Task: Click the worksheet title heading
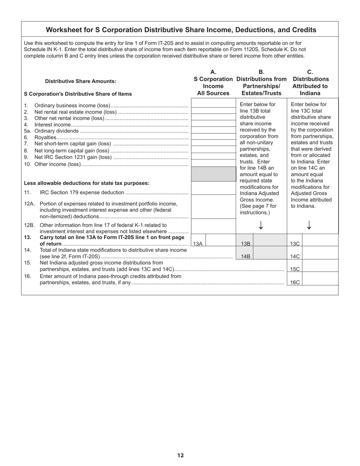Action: point(181,30)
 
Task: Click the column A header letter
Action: point(213,72)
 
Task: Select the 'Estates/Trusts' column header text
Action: point(261,93)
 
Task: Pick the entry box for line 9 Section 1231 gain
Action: point(213,156)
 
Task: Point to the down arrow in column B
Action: point(261,225)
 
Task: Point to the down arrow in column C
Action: point(309,225)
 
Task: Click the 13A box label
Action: point(198,244)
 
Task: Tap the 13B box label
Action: point(246,244)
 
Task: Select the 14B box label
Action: point(246,256)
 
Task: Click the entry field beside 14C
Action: point(320,256)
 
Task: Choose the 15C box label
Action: point(295,269)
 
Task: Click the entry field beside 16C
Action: point(320,282)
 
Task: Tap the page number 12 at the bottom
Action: point(180,455)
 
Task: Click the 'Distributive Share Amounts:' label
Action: point(81,81)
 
